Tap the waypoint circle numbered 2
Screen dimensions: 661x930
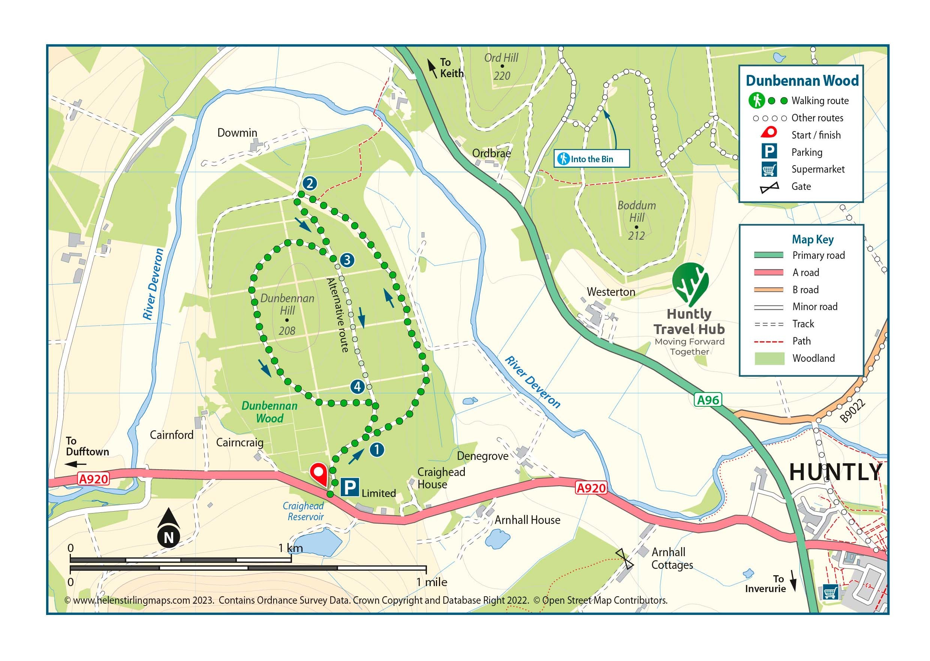310,183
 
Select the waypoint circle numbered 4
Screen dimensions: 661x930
357,386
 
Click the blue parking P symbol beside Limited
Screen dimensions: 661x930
349,487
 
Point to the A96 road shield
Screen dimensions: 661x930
708,400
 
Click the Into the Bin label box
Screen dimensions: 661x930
592,159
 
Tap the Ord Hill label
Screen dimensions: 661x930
502,58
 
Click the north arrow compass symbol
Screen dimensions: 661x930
169,528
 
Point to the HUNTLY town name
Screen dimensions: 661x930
836,473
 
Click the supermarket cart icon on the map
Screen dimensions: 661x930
830,592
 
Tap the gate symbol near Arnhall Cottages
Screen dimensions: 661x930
624,559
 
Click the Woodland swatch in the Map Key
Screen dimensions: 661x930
769,358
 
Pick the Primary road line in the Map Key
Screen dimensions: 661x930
769,255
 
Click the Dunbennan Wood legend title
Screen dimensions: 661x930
802,81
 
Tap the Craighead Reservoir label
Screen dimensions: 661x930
304,511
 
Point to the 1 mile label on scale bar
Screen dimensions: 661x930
431,582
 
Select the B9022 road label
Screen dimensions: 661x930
853,411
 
